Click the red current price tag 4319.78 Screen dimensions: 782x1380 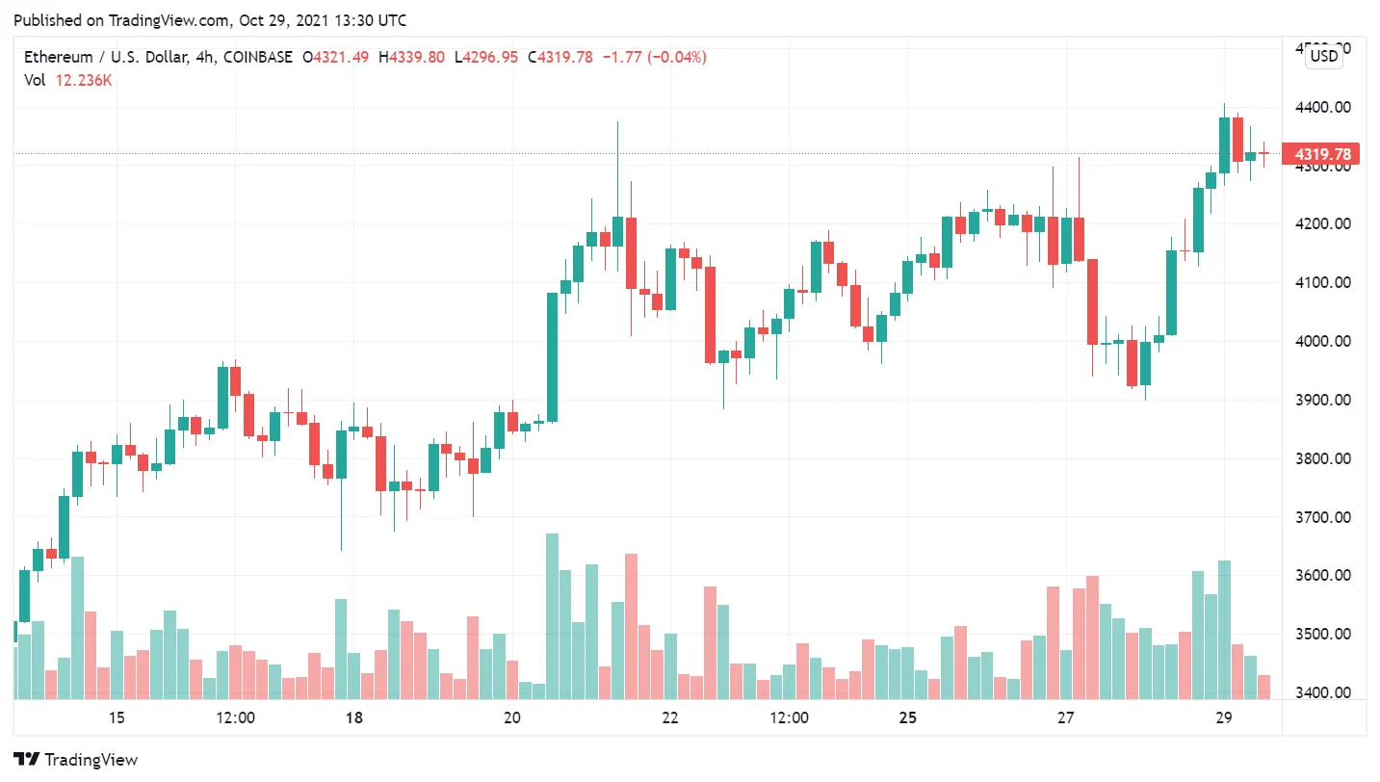pyautogui.click(x=1322, y=154)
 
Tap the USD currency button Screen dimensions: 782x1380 pyautogui.click(x=1324, y=56)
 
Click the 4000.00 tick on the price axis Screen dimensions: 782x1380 pyautogui.click(x=1322, y=341)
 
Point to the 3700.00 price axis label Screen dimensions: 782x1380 pyautogui.click(x=1322, y=517)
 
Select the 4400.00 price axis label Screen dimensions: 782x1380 pyautogui.click(x=1322, y=107)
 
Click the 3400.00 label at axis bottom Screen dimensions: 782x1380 pyautogui.click(x=1322, y=693)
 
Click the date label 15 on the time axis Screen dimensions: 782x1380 pyautogui.click(x=117, y=717)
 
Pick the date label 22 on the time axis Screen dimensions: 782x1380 pyautogui.click(x=670, y=717)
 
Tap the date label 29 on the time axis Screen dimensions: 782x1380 pyautogui.click(x=1224, y=717)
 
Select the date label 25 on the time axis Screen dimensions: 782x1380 pyautogui.click(x=907, y=717)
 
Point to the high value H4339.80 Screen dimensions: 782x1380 pyautogui.click(x=411, y=58)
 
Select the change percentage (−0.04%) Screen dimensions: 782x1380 pyautogui.click(x=669, y=58)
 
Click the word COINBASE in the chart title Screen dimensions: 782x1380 pyautogui.click(x=257, y=58)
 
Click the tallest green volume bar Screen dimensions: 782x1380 pyautogui.click(x=552, y=616)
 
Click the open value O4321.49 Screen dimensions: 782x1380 pyautogui.click(x=335, y=58)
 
